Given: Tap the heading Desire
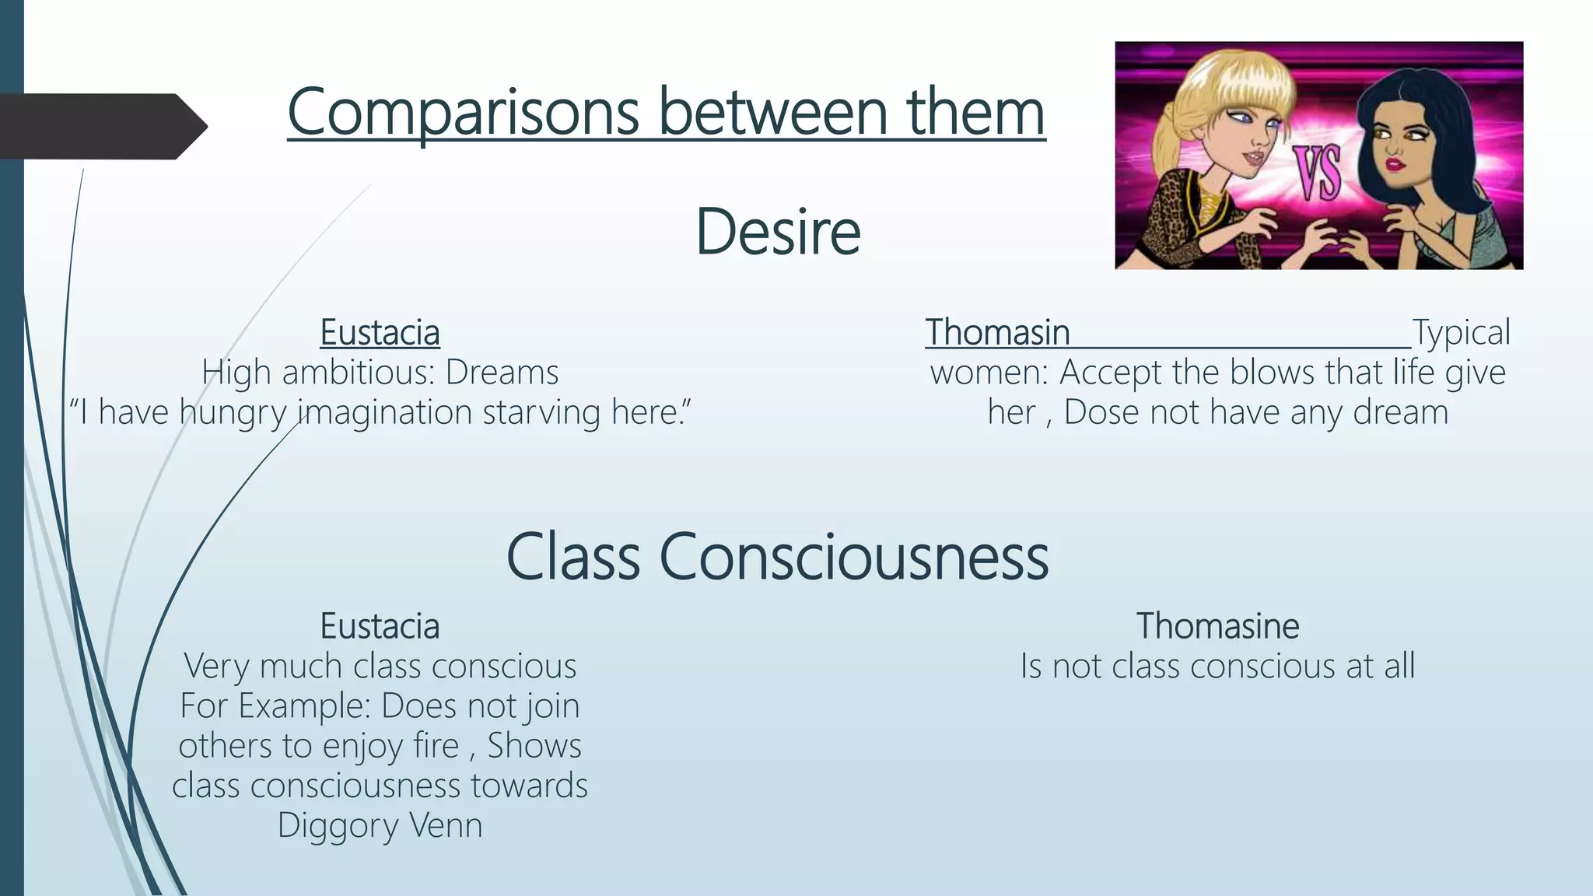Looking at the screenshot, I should (x=777, y=231).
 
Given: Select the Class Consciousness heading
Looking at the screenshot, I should (x=777, y=557).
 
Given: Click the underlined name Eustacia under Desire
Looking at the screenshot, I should (x=380, y=333).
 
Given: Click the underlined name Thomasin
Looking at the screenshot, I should (x=997, y=333).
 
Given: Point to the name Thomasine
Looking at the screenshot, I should (x=1217, y=626).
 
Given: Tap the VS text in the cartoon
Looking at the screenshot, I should (x=1318, y=173).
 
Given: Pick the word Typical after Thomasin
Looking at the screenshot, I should (x=1461, y=333).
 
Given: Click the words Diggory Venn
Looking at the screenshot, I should (x=380, y=825).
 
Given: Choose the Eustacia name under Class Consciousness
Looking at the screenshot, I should (x=380, y=626).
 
